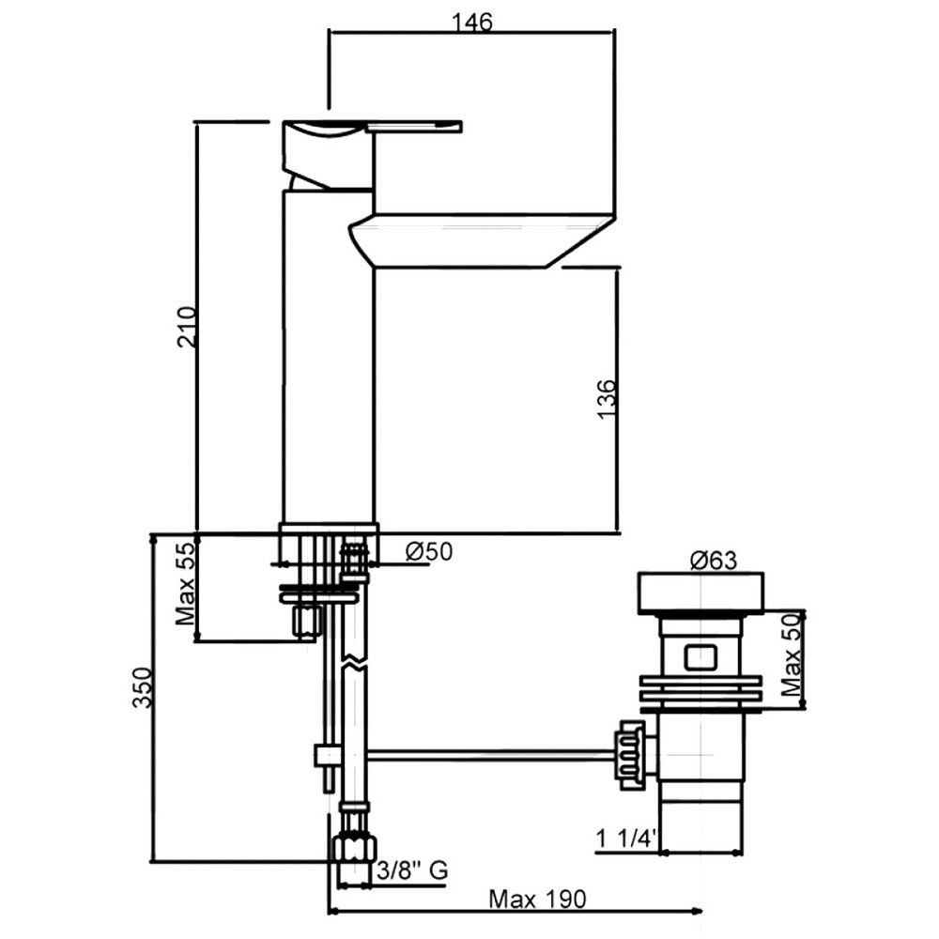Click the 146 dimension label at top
(x=471, y=22)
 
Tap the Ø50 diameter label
(x=428, y=552)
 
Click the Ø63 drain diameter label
(x=713, y=562)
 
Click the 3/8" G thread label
(x=410, y=871)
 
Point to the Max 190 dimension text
(x=537, y=899)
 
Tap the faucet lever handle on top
(x=376, y=128)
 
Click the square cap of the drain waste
(x=700, y=592)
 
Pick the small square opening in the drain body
(x=701, y=655)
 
